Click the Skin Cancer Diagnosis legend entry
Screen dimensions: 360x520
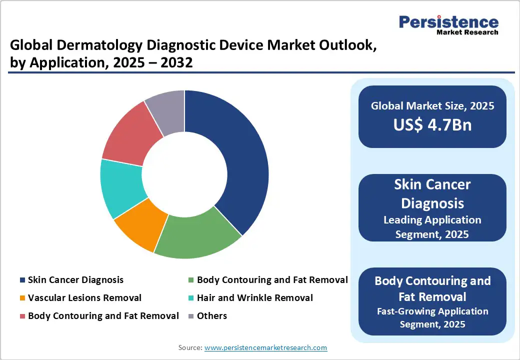[75, 280]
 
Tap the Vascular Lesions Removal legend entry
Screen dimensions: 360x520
[84, 298]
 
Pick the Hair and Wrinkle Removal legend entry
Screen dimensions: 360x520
[254, 298]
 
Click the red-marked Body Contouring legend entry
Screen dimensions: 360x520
[103, 316]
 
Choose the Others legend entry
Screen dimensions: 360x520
[211, 316]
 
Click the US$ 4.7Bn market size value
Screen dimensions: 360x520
[432, 124]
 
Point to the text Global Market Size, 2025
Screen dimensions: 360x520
[432, 105]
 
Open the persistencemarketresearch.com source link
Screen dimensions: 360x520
[266, 347]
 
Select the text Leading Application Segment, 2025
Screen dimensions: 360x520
[432, 227]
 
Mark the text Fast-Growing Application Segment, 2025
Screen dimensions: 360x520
[432, 317]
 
